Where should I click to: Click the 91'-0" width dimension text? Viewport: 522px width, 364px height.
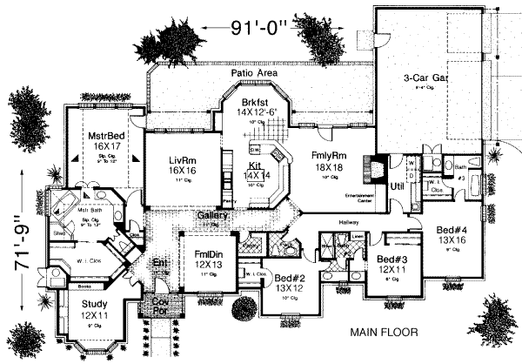[256, 27]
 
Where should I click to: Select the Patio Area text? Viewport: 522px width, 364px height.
[254, 75]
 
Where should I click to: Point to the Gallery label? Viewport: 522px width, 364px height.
[212, 215]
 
